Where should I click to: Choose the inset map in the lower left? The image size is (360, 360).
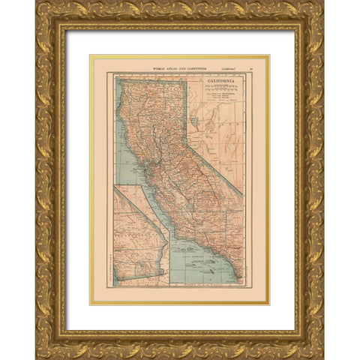pos(140,235)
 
